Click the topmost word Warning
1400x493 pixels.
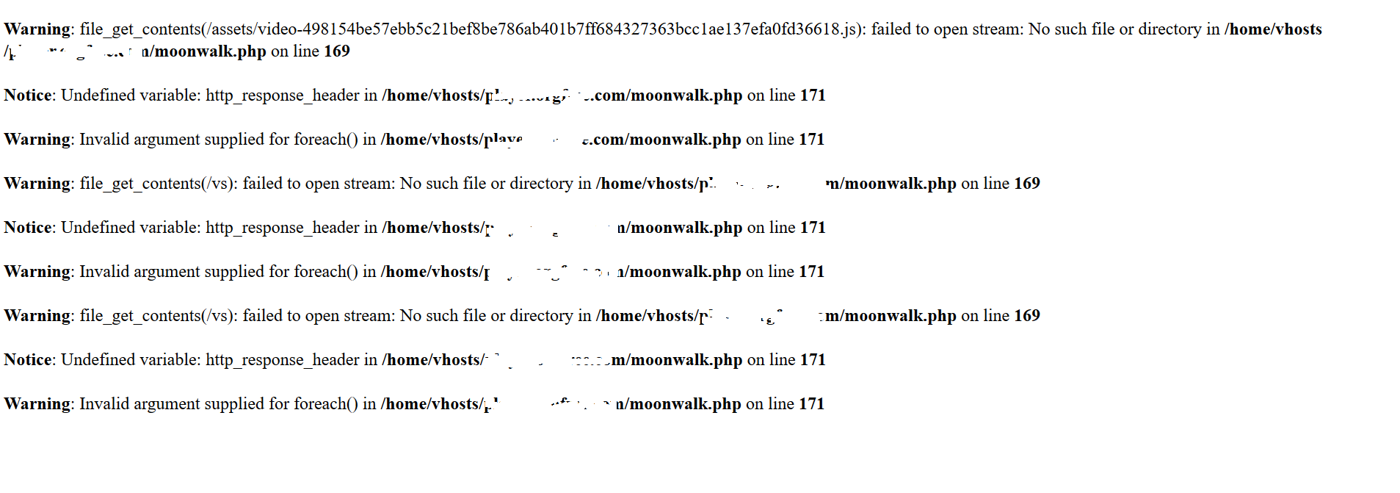[x=37, y=29]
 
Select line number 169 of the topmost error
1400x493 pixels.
[x=336, y=51]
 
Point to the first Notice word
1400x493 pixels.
[x=28, y=96]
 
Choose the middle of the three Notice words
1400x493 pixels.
[x=28, y=228]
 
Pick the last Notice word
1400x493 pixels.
[x=28, y=360]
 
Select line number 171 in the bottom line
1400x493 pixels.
[x=811, y=404]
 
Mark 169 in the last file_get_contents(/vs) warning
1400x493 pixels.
[x=1026, y=316]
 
